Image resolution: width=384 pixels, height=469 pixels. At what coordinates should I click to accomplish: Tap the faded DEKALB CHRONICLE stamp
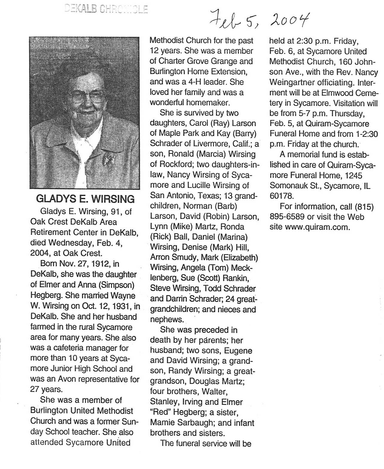(106, 10)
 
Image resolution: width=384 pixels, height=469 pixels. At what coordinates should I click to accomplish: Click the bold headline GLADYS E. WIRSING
(85, 199)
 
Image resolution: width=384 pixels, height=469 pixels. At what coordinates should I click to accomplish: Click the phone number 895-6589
(287, 217)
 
